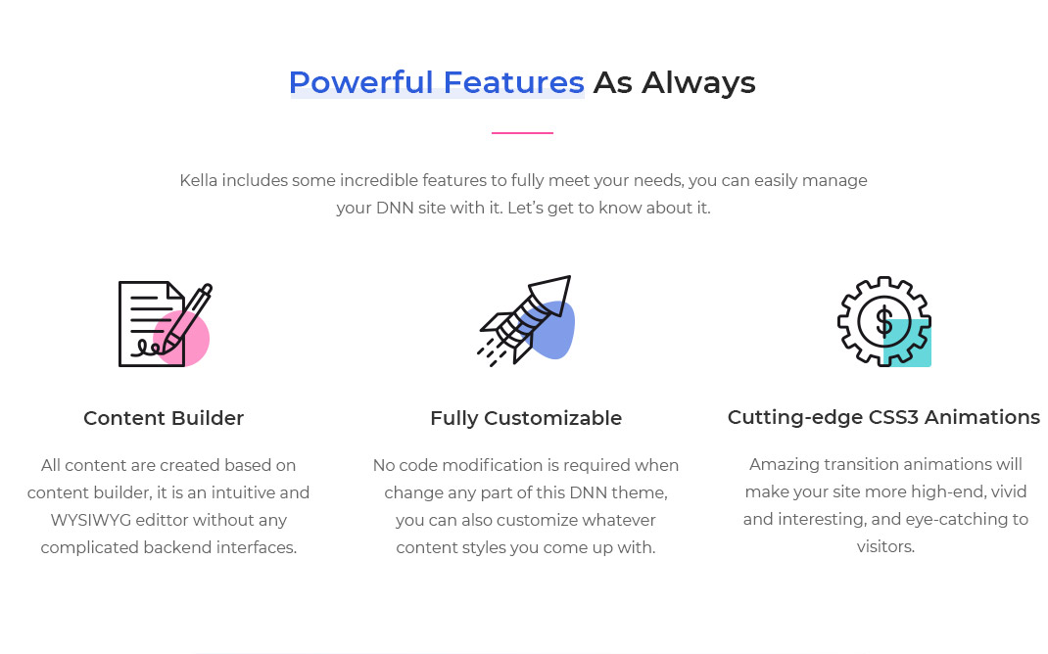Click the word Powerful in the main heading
360,83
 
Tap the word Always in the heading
698,83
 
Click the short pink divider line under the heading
522,133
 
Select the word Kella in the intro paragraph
199,180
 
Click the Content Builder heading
164,418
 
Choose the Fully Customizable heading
526,418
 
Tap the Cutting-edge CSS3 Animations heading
883,417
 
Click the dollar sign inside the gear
883,321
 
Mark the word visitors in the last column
885,546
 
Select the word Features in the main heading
513,83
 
